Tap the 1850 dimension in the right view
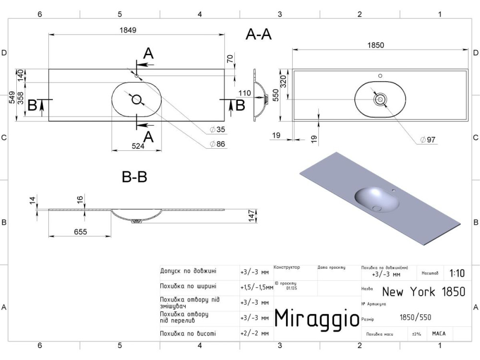coord(376,45)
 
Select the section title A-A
coord(259,35)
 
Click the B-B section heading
coord(134,177)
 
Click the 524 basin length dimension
coord(138,146)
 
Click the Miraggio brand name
coord(317,317)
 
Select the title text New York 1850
coord(423,291)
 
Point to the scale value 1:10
coord(457,274)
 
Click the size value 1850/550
coord(415,317)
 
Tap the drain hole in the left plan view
coord(137,99)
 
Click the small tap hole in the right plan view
coord(380,75)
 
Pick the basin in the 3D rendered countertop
coord(377,200)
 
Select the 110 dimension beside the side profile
coord(245,93)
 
